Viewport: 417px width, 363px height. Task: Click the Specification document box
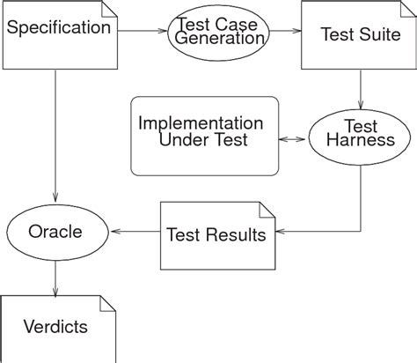pyautogui.click(x=60, y=35)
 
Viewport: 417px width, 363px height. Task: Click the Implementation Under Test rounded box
pyautogui.click(x=204, y=136)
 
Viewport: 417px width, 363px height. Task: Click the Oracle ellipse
pyautogui.click(x=55, y=233)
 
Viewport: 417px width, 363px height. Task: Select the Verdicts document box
pyautogui.click(x=58, y=327)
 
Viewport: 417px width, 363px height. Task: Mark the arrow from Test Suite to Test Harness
pyautogui.click(x=361, y=90)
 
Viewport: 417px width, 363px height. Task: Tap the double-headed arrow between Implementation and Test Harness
pyautogui.click(x=292, y=139)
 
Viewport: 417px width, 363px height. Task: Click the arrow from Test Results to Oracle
pyautogui.click(x=134, y=233)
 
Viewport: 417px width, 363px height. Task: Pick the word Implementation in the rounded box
pyautogui.click(x=201, y=123)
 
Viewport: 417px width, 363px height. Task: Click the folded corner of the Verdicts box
pyautogui.click(x=107, y=303)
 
